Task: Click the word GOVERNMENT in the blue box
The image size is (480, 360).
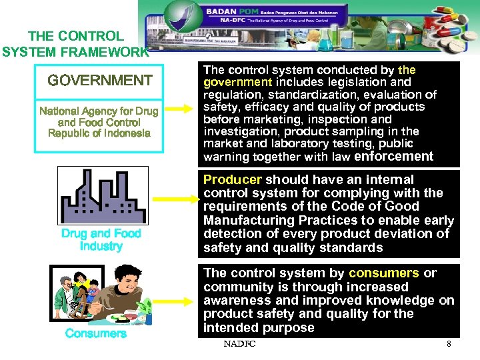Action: tap(100, 81)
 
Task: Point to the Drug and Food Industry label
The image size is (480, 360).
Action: tap(101, 240)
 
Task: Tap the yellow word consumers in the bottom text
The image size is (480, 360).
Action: tap(384, 273)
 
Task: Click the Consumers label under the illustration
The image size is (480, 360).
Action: tap(96, 333)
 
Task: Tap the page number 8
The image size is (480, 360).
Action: tap(449, 344)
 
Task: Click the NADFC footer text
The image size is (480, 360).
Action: tap(240, 344)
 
